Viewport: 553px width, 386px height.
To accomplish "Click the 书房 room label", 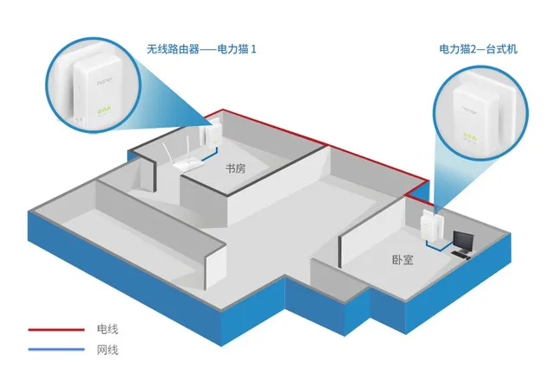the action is pos(235,168).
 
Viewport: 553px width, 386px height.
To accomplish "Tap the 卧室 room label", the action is pos(403,260).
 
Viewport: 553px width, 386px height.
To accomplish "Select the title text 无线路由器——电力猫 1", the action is pos(201,48).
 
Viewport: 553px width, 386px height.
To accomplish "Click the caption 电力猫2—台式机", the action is pos(478,49).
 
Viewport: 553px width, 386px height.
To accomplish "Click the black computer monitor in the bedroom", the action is pos(463,241).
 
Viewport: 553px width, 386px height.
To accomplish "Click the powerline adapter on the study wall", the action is pos(209,135).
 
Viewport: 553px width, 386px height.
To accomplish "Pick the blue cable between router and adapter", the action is pos(211,154).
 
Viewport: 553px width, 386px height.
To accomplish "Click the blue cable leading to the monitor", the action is pos(438,244).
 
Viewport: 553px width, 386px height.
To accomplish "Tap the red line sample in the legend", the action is pos(56,330).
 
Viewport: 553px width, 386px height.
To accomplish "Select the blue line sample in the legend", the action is pos(56,350).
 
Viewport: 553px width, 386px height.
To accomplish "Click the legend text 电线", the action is pos(107,329).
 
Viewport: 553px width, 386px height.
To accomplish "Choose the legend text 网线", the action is pos(107,350).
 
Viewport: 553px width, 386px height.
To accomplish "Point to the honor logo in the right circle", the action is pos(469,110).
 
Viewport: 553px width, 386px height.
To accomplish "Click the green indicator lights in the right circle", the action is pos(469,136).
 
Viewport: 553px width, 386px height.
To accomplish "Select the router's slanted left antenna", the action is pos(169,153).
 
